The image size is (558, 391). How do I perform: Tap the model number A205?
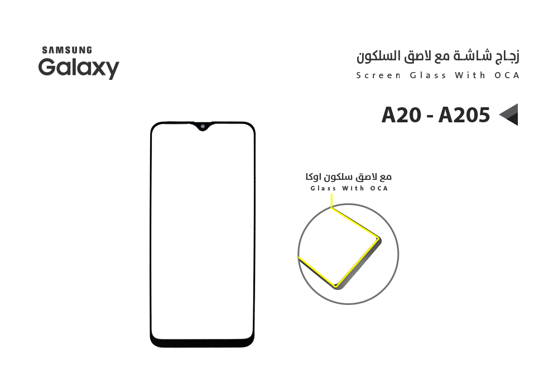[x=464, y=115]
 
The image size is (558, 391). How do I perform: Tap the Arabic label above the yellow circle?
[x=348, y=177]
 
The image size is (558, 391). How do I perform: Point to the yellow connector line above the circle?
[x=333, y=199]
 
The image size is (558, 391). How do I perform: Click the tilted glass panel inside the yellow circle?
[x=339, y=246]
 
